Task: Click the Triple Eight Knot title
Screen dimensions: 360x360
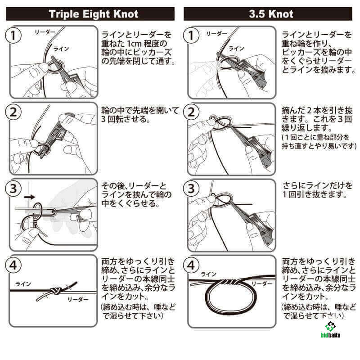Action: (x=94, y=14)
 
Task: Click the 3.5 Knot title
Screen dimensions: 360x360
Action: (x=271, y=14)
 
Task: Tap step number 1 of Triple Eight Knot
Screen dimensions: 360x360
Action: (x=13, y=36)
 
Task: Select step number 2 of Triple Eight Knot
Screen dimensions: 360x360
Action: (x=13, y=112)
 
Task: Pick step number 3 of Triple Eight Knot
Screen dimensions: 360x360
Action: (x=13, y=189)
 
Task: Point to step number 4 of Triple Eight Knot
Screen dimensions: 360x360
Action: (x=13, y=265)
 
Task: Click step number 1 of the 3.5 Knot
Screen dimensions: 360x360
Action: (x=191, y=36)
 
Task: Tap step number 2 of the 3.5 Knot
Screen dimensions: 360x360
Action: (x=191, y=112)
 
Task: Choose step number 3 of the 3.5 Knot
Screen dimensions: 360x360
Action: (x=191, y=189)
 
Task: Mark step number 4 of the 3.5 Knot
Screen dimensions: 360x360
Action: (x=191, y=265)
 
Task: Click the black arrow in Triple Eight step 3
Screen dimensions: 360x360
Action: (x=29, y=197)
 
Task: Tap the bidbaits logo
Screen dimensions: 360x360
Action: (x=330, y=330)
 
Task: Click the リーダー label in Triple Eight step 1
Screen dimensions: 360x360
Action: (x=45, y=32)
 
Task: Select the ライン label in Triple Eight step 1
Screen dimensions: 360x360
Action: (x=61, y=49)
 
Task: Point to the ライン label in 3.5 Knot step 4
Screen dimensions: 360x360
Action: (x=208, y=274)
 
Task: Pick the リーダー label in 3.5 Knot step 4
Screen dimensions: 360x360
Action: (x=262, y=284)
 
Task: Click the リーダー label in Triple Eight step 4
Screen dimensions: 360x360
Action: (x=78, y=299)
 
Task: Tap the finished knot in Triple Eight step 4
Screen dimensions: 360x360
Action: (x=56, y=291)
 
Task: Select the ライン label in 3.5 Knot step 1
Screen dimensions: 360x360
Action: (x=236, y=49)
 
